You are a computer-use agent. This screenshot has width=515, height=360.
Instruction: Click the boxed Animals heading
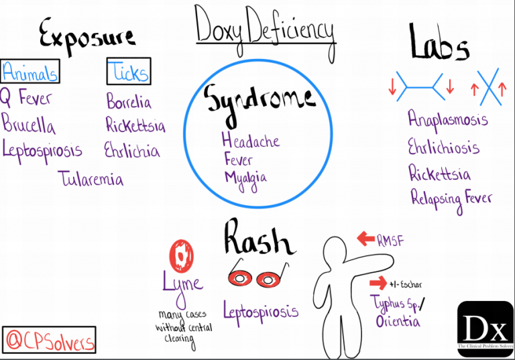click(30, 70)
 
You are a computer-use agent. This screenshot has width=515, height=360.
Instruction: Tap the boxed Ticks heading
click(128, 71)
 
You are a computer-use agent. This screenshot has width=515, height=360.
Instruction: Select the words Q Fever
click(26, 99)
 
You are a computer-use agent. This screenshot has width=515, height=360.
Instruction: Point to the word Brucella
click(29, 124)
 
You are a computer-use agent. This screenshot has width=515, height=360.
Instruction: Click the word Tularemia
click(91, 179)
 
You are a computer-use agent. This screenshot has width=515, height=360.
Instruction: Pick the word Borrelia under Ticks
click(129, 102)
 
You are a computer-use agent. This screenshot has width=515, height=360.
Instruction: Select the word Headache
click(250, 141)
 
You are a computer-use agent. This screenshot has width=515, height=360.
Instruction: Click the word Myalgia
click(245, 178)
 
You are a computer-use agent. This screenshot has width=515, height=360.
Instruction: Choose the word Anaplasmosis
click(448, 120)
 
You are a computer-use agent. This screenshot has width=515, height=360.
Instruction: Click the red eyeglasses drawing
click(255, 276)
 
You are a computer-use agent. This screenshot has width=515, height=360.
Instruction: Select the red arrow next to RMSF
click(365, 237)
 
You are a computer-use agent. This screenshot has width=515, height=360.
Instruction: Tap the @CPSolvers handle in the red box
click(50, 340)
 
